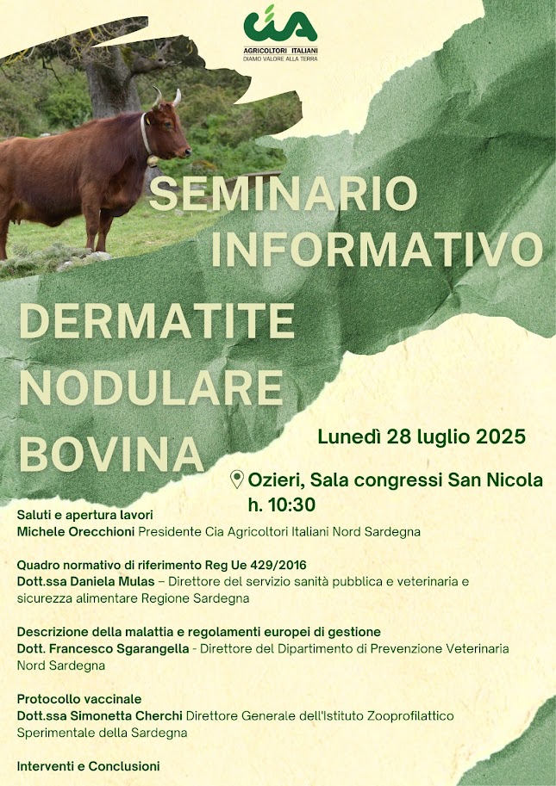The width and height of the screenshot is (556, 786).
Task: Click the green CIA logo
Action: pos(280,24)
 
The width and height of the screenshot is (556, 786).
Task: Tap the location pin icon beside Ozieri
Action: pos(237,480)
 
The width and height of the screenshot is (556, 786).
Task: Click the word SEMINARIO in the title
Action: pos(284,194)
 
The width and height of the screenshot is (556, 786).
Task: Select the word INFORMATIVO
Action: pos(378,249)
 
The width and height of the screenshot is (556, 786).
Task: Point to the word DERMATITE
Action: pos(157,321)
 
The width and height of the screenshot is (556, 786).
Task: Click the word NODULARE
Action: pos(151,387)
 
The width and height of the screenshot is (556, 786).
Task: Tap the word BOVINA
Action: pos(111,455)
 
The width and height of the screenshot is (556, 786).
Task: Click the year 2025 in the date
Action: pos(500,436)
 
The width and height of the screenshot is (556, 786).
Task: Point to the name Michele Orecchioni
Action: pos(76,531)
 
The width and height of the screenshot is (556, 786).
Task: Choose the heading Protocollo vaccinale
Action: pos(79,699)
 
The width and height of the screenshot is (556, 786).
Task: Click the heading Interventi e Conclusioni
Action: pos(88,766)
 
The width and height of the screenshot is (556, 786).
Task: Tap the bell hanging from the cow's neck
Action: pos(153,161)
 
